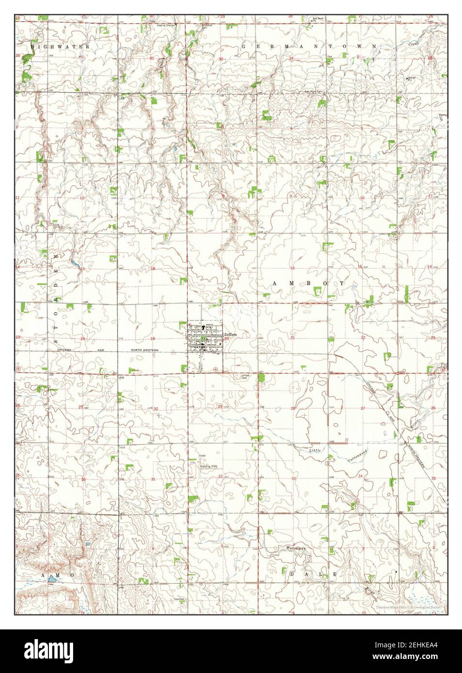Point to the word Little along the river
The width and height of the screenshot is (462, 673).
point(315,451)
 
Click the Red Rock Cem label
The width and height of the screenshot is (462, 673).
point(313,92)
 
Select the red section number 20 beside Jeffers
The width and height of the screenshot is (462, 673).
point(227,338)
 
